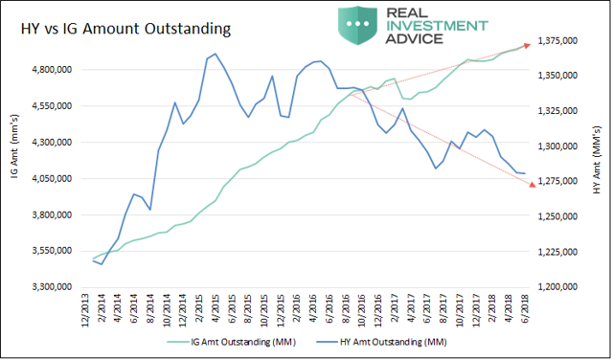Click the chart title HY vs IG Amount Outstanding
[x=125, y=30]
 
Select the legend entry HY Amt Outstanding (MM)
[x=392, y=342]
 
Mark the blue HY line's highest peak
[x=215, y=55]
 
